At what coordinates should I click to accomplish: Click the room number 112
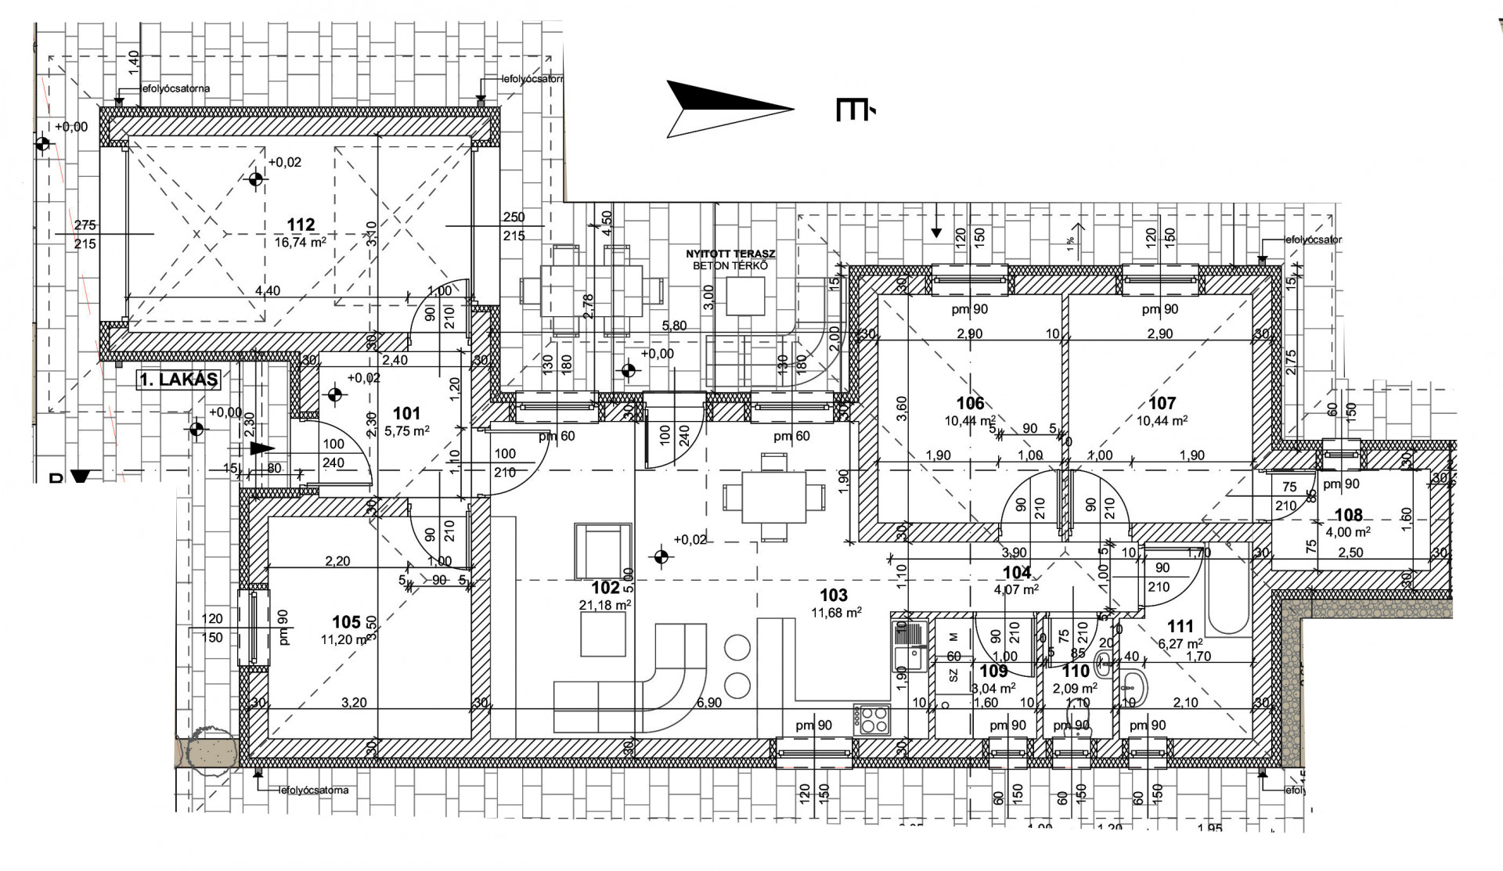click(x=301, y=225)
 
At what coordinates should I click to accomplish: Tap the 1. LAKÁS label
click(x=178, y=380)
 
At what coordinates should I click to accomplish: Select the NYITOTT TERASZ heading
click(x=730, y=254)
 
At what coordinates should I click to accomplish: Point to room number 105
click(x=346, y=622)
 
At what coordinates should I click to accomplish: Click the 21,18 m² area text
click(x=605, y=605)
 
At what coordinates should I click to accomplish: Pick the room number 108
click(x=1349, y=515)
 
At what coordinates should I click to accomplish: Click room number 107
click(x=1162, y=403)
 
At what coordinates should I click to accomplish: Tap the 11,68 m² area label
click(x=836, y=613)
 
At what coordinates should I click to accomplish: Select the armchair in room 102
click(x=603, y=551)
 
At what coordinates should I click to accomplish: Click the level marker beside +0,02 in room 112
click(x=255, y=180)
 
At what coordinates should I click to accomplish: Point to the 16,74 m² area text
click(x=301, y=243)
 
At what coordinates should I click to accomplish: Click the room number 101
click(x=406, y=413)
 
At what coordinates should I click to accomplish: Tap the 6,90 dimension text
click(x=708, y=703)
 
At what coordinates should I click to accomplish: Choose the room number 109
click(x=993, y=671)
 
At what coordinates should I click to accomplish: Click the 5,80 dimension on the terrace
click(x=674, y=326)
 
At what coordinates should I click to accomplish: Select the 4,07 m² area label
click(x=1016, y=590)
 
